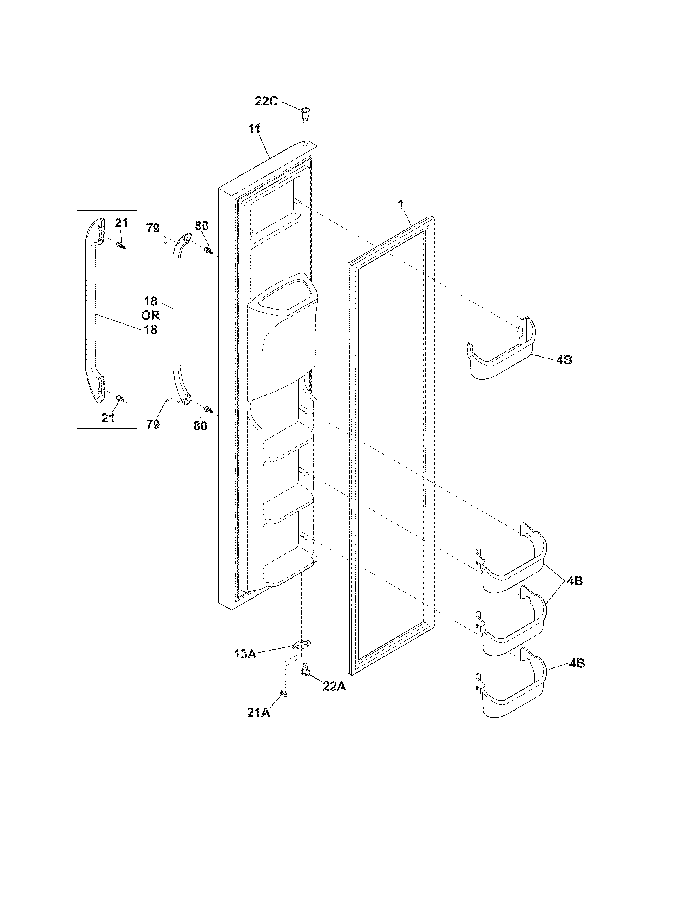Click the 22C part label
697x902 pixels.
266,101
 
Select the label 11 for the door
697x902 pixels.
254,128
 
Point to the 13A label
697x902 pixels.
245,654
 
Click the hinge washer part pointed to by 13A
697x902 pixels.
303,644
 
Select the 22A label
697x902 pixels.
334,686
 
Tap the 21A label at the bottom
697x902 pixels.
259,712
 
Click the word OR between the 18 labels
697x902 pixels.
150,316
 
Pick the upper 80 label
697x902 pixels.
202,226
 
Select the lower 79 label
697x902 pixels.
153,424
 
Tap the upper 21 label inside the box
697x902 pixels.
121,223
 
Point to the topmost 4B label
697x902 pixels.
564,360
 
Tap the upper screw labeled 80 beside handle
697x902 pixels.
208,250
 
